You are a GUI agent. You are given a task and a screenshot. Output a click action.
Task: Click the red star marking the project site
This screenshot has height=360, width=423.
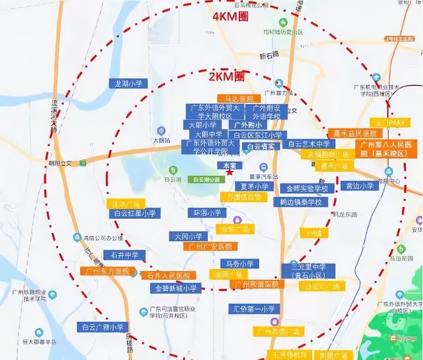(229, 172)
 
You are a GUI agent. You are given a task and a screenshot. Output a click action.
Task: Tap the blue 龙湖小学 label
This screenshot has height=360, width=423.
(128, 84)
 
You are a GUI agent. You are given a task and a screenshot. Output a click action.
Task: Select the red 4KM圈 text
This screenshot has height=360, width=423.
(230, 17)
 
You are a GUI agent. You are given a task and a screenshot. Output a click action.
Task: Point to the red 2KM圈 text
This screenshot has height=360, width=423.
(227, 77)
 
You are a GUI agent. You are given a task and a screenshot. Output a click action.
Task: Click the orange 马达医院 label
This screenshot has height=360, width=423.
(239, 98)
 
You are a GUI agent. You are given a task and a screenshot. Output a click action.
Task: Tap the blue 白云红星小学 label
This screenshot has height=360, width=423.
(135, 213)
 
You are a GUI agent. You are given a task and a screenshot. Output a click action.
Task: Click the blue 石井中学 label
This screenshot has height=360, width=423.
(124, 255)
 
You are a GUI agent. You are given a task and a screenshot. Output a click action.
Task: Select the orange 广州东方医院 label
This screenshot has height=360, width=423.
(107, 271)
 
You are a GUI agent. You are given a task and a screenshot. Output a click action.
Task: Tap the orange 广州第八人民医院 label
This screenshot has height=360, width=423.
(386, 149)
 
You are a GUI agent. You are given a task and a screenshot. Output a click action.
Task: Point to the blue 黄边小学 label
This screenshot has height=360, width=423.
(360, 186)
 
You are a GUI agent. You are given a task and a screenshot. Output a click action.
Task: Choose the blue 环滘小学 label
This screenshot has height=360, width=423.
(207, 212)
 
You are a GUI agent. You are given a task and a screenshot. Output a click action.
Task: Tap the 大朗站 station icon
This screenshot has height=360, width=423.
(161, 130)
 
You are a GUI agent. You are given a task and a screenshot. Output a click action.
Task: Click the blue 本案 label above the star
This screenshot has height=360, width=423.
(229, 165)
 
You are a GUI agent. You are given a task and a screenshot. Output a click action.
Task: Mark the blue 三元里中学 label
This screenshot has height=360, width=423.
(308, 271)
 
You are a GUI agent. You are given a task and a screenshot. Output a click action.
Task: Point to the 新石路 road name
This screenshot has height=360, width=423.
(269, 55)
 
